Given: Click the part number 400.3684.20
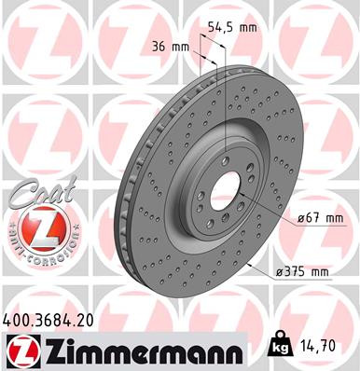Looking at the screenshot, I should pyautogui.click(x=57, y=321).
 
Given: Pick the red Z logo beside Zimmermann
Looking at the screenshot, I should pyautogui.click(x=20, y=351).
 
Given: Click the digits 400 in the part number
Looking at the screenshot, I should pyautogui.click(x=20, y=321).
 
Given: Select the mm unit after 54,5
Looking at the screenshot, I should pyautogui.click(x=247, y=29).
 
